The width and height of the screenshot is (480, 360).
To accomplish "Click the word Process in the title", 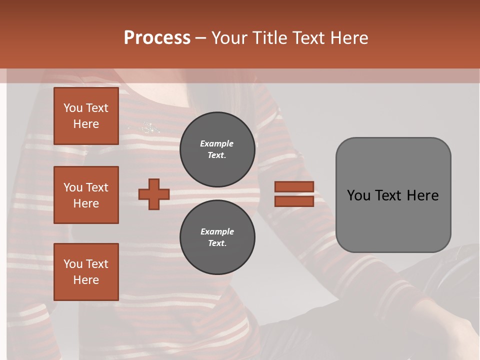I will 157,38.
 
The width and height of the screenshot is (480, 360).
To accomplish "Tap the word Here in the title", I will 348,38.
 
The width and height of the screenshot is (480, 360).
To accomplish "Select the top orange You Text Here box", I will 86,116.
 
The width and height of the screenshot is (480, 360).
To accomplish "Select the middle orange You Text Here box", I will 86,195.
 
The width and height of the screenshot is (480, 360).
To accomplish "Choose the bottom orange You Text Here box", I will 86,272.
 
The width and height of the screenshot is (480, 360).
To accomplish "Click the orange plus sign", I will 154,194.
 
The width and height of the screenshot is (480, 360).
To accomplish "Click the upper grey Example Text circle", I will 217,149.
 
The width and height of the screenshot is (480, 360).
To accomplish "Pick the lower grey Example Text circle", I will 217,237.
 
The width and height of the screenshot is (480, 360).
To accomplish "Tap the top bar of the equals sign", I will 294,186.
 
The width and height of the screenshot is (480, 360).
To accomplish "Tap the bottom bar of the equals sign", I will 294,201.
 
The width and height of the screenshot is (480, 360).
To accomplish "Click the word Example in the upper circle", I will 216,143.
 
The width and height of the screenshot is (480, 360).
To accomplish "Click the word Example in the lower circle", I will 217,231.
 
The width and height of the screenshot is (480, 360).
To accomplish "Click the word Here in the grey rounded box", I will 423,195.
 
